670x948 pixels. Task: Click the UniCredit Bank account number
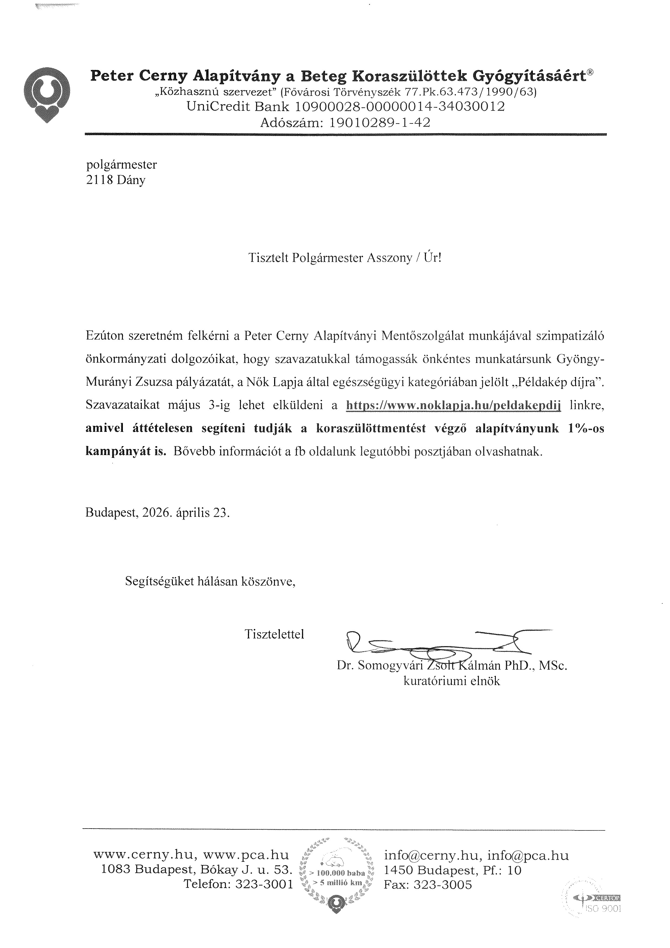pyautogui.click(x=400, y=107)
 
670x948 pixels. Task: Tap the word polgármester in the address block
pyautogui.click(x=121, y=165)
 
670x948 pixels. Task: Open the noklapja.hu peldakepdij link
pyautogui.click(x=454, y=405)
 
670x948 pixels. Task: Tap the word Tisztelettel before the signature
pyautogui.click(x=274, y=634)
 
